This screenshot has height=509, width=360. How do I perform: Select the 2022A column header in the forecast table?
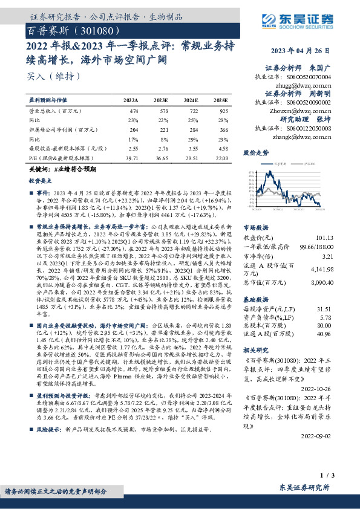point(130,100)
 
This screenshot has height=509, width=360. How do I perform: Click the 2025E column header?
point(221,100)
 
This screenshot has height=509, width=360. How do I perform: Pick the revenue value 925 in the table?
point(223,112)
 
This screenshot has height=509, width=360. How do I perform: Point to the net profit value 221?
point(163,130)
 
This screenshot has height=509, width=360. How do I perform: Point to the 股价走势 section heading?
point(256,153)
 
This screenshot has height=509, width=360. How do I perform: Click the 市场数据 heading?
point(255,229)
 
